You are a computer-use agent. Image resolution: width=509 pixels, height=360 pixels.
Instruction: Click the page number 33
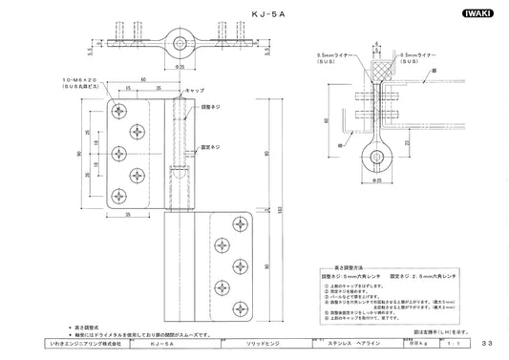(487, 342)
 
